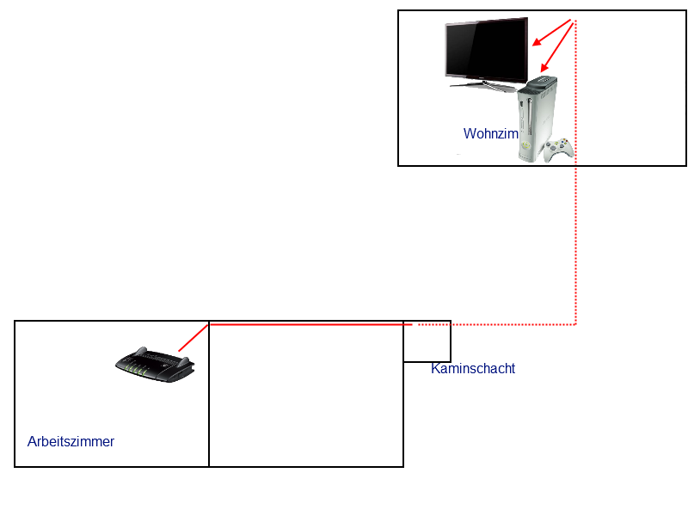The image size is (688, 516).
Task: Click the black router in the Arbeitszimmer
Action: coord(155,365)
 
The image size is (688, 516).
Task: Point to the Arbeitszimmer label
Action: coord(71,442)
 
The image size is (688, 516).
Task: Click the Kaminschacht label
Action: coord(473,369)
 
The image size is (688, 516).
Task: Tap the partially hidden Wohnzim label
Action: coord(490,134)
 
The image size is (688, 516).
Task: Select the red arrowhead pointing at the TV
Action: coord(536,42)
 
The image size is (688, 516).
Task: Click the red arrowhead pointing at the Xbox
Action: coord(544,70)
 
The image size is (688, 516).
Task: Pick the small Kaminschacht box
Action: coord(427,342)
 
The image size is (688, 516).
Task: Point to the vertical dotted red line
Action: coord(575,215)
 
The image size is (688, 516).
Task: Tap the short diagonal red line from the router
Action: coord(193,337)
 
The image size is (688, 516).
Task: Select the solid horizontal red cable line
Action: coord(310,324)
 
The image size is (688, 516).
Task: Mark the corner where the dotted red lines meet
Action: coord(575,324)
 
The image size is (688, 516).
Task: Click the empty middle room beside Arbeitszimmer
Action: coord(306,396)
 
